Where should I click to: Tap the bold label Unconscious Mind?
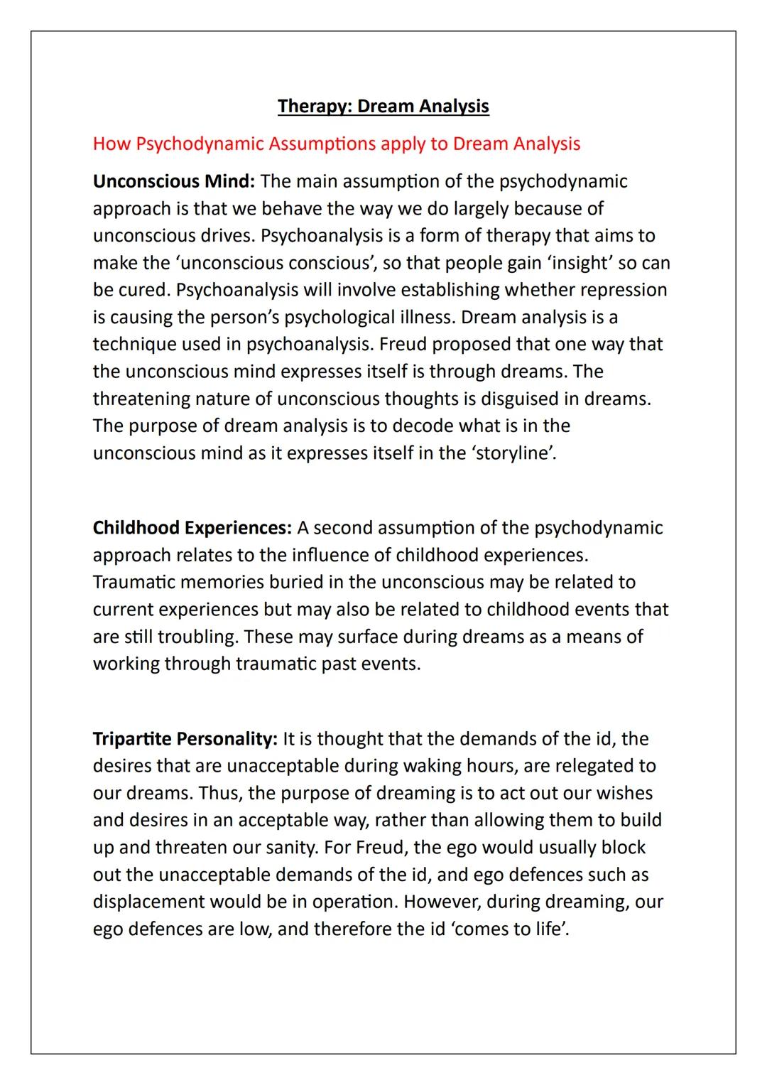point(173,181)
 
